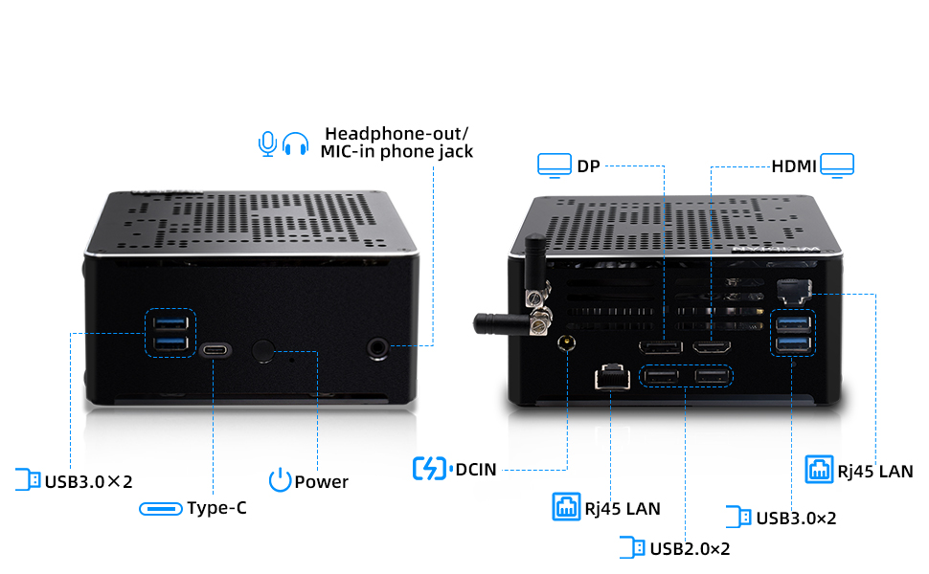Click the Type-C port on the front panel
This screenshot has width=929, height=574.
pyautogui.click(x=215, y=350)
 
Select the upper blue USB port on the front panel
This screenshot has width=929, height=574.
pyautogui.click(x=170, y=323)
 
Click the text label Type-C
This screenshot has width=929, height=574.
pyautogui.click(x=216, y=508)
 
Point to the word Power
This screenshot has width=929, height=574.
pyautogui.click(x=321, y=481)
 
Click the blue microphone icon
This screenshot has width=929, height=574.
pyautogui.click(x=267, y=143)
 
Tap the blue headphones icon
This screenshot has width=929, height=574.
pyautogui.click(x=296, y=143)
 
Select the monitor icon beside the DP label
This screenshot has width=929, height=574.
pyautogui.click(x=553, y=166)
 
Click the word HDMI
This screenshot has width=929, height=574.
pyautogui.click(x=793, y=166)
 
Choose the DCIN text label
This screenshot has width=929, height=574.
pyautogui.click(x=476, y=469)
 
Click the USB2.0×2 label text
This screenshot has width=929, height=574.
pyautogui.click(x=690, y=548)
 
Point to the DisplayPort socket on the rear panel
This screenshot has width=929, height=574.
pyautogui.click(x=661, y=347)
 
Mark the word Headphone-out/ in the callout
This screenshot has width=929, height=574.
pyautogui.click(x=397, y=133)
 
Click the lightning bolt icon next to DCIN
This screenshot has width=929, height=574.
pyautogui.click(x=430, y=469)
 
